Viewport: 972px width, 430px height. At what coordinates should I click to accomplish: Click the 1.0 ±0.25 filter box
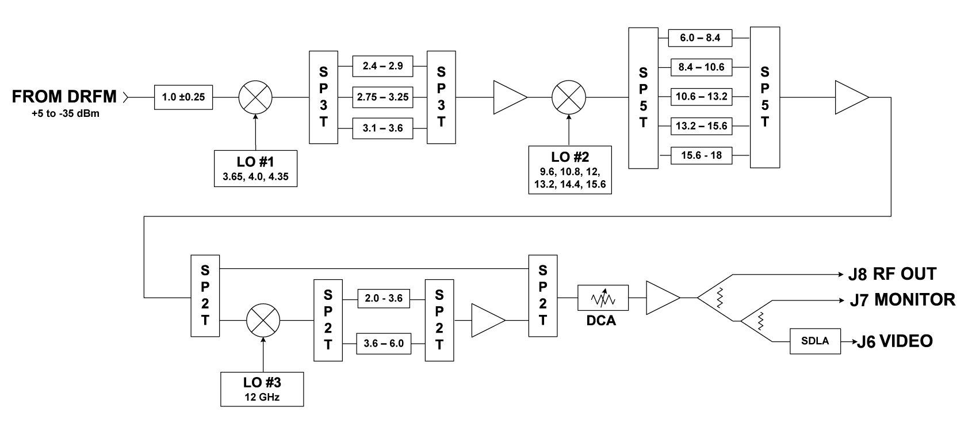point(183,97)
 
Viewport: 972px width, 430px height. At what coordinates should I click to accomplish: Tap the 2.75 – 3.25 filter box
point(382,97)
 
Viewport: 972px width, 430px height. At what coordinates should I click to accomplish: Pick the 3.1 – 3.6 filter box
point(382,128)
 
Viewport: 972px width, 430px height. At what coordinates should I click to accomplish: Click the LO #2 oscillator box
point(569,170)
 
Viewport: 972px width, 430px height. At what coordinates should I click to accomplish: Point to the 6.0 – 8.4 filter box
point(701,39)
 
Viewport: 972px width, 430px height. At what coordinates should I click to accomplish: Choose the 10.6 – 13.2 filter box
point(701,96)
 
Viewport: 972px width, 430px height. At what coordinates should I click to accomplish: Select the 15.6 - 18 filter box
point(701,155)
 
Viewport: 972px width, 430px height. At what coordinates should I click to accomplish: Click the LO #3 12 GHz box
point(262,389)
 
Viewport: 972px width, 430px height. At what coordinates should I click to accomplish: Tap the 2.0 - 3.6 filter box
point(384,299)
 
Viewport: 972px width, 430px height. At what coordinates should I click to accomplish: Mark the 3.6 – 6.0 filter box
point(384,344)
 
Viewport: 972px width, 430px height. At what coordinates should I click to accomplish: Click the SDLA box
point(814,341)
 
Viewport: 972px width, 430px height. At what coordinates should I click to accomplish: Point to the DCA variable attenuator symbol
point(603,298)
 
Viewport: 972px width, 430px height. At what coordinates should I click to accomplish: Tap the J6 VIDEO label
point(894,341)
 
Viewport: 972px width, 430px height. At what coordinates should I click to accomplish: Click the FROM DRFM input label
point(64,97)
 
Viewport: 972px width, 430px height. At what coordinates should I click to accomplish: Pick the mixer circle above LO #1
point(255,97)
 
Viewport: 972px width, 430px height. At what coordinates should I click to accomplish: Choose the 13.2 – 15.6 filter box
point(701,126)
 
